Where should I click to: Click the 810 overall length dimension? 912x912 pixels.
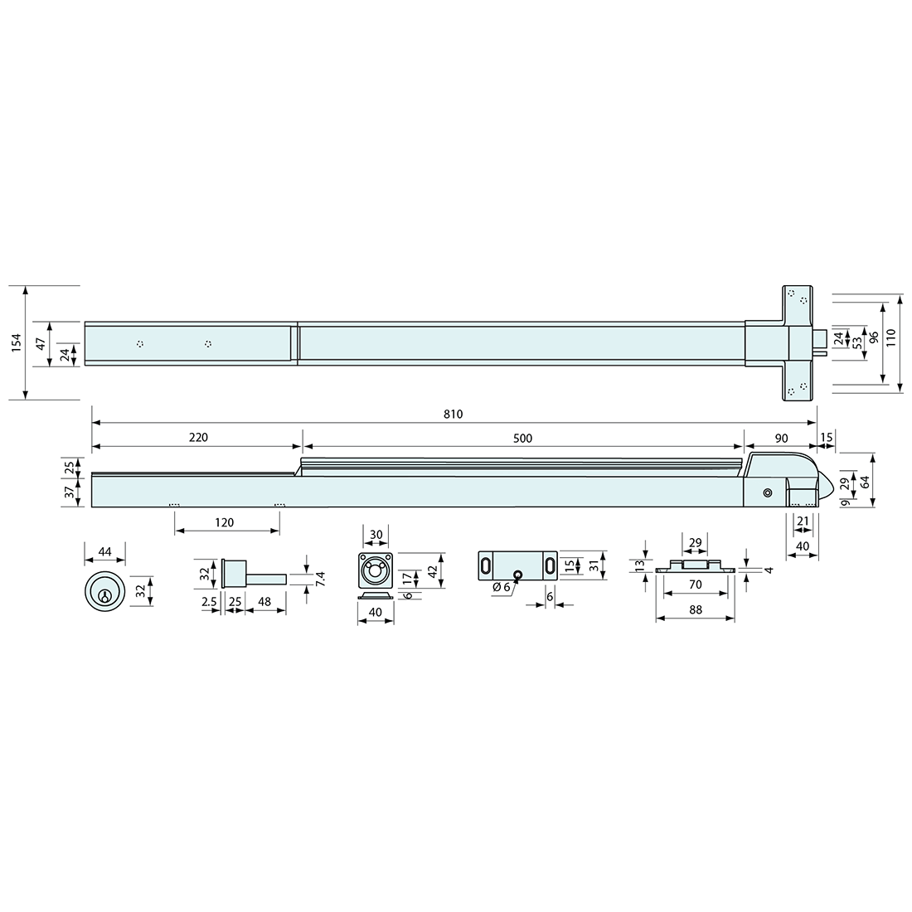[453, 414]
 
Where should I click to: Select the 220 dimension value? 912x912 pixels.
[198, 438]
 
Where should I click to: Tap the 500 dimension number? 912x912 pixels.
[522, 439]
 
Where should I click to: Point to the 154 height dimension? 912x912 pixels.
[16, 342]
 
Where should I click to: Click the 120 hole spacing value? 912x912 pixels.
[224, 522]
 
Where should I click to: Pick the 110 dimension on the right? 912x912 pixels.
[891, 337]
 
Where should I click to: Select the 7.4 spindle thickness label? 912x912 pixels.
[319, 579]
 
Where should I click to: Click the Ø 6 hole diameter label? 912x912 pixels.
[501, 588]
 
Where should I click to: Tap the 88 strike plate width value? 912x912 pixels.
[695, 609]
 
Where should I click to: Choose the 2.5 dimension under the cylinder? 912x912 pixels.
[210, 602]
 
